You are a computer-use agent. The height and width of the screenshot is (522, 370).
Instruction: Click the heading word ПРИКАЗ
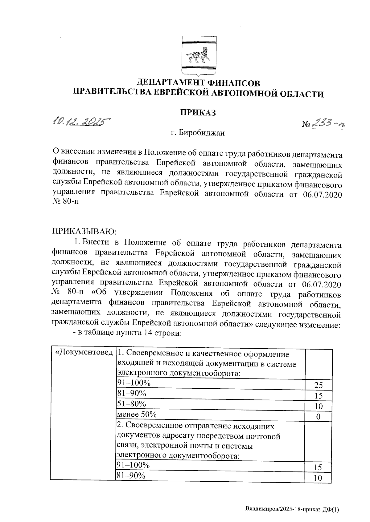click(x=198, y=112)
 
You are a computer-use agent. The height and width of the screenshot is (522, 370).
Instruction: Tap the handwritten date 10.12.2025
click(x=81, y=121)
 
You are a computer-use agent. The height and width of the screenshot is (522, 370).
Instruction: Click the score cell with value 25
click(x=318, y=385)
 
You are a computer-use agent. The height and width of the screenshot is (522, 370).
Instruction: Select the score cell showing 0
click(x=318, y=417)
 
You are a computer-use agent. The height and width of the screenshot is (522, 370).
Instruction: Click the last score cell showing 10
click(x=318, y=478)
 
